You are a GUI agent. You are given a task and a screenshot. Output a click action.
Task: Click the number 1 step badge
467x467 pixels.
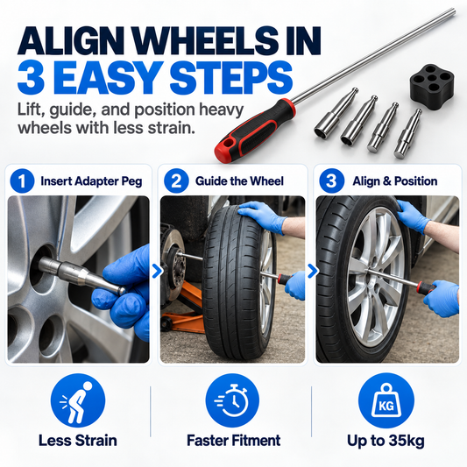coord(22,180)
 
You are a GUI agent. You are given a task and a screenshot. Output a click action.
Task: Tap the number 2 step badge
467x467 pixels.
coord(176,180)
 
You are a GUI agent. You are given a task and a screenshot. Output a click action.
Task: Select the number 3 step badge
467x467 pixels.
coord(331,180)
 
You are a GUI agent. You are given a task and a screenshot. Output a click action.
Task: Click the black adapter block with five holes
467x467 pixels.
coord(432,84)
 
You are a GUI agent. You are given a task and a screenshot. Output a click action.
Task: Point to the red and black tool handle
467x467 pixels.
coord(256,130)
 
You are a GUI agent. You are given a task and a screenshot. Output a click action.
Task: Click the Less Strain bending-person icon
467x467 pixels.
coord(78,400)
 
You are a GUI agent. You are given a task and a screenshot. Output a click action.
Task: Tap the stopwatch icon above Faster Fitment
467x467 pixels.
coord(232,400)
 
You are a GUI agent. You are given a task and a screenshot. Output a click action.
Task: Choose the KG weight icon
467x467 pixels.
coord(386,400)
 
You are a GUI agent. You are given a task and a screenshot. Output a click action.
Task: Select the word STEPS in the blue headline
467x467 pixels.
coord(230,79)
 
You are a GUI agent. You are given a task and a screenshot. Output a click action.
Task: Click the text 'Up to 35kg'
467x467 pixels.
coord(386,441)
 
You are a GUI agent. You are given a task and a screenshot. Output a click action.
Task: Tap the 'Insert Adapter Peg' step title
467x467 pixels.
coord(91,181)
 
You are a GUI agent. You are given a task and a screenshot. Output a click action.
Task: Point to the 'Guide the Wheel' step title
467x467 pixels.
coord(239,181)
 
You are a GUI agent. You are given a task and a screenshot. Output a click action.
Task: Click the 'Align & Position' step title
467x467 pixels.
coord(395,181)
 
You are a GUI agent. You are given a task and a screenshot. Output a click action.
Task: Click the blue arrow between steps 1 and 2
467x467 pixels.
coord(157,272)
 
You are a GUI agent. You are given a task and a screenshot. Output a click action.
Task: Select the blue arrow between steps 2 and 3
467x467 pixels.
coord(313,272)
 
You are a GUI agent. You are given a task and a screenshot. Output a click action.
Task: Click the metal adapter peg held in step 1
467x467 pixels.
coord(81,275)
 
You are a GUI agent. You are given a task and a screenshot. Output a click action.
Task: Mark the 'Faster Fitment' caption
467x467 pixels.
coord(233,441)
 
